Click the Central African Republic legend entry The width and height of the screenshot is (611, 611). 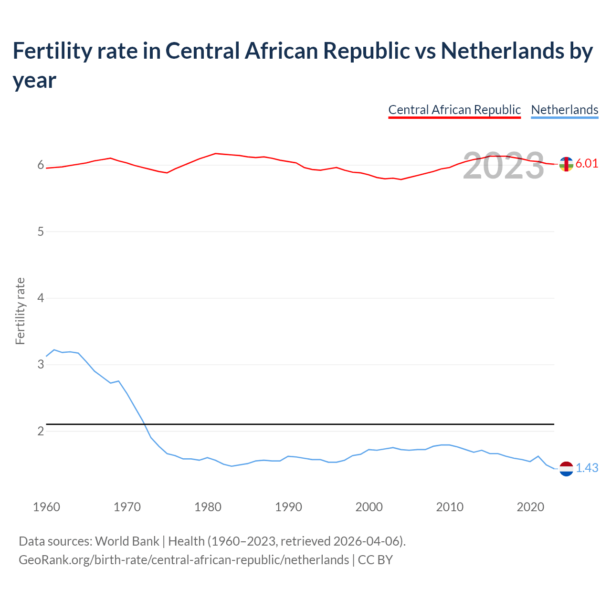454,110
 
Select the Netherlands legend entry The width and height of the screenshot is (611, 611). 564,110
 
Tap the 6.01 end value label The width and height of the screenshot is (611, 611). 587,163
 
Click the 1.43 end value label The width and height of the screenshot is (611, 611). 587,468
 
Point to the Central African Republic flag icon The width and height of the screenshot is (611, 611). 566,164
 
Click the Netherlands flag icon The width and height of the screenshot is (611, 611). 566,469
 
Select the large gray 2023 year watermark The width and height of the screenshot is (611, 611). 504,166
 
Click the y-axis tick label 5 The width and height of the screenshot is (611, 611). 41,232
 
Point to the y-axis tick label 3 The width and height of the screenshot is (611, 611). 41,365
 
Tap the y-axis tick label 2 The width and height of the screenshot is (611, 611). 41,431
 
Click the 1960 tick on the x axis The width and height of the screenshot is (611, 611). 46,507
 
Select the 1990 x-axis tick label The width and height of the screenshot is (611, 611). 288,507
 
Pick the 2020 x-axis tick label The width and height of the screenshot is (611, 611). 530,507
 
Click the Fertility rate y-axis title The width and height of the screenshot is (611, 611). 20,311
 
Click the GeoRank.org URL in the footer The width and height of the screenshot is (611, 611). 184,559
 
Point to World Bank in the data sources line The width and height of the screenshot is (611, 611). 127,541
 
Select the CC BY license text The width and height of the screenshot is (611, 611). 375,559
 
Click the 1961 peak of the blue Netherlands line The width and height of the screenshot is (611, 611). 54,350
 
